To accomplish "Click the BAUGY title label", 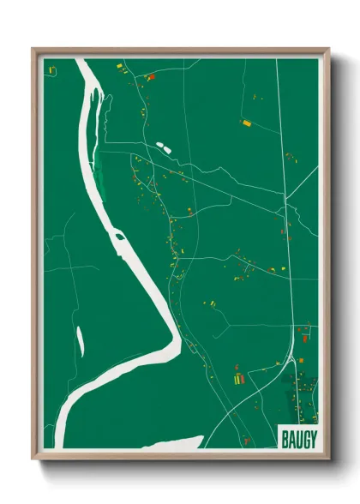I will tap(298, 438).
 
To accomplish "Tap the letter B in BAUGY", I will tap(285, 438).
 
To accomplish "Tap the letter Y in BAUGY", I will tap(313, 438).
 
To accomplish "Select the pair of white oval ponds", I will tap(164, 147).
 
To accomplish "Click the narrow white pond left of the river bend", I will tap(81, 341).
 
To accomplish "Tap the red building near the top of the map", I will tap(151, 77).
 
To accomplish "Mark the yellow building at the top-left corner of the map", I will tap(51, 69).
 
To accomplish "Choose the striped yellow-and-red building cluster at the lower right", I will tap(239, 375).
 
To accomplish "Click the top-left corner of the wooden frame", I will tap(33, 50).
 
